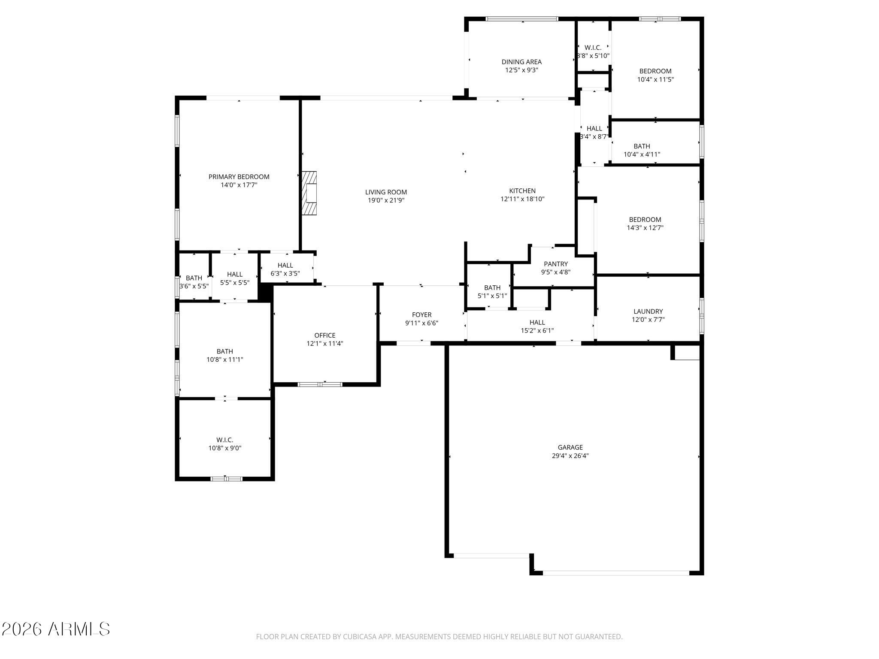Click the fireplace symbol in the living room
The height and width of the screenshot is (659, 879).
pyautogui.click(x=309, y=193)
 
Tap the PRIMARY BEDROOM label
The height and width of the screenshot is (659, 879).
pyautogui.click(x=239, y=177)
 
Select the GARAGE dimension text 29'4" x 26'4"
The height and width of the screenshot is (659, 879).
pyautogui.click(x=570, y=456)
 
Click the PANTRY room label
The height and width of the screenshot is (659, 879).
pyautogui.click(x=555, y=264)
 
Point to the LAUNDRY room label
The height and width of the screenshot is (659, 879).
pyautogui.click(x=648, y=311)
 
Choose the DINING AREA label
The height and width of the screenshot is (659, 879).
pyautogui.click(x=521, y=62)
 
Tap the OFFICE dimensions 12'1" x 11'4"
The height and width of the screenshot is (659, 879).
pyautogui.click(x=324, y=344)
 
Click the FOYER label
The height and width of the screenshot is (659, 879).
pyautogui.click(x=421, y=315)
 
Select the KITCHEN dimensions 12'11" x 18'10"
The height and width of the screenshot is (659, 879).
pyautogui.click(x=522, y=199)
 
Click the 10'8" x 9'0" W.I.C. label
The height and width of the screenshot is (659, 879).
pyautogui.click(x=224, y=440)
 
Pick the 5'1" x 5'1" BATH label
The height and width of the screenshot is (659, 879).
pyautogui.click(x=492, y=288)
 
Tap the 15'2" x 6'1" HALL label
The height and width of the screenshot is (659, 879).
pyautogui.click(x=537, y=323)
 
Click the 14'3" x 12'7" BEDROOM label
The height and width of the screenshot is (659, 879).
pyautogui.click(x=645, y=220)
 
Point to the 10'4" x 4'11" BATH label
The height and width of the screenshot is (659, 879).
pyautogui.click(x=642, y=146)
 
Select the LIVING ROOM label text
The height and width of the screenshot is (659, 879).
pyautogui.click(x=386, y=192)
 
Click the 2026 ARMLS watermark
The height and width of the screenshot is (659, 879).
pyautogui.click(x=56, y=629)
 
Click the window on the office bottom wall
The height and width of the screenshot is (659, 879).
pyautogui.click(x=320, y=384)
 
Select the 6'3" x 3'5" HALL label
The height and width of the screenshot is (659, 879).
pyautogui.click(x=285, y=266)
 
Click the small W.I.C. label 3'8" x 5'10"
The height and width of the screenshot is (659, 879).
pyautogui.click(x=593, y=48)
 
